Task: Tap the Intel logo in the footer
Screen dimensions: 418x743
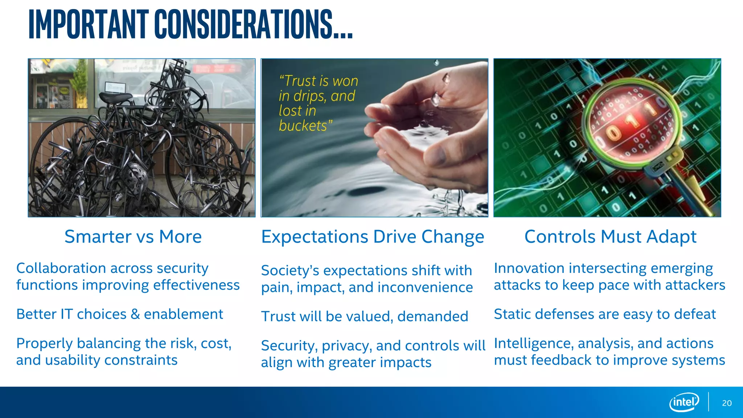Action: tap(684, 402)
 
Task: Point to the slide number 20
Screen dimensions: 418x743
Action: tap(727, 403)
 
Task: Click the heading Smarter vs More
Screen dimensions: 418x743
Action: tap(133, 237)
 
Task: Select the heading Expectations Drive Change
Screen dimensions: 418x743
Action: tap(373, 237)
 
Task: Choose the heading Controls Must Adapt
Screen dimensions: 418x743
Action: tap(610, 237)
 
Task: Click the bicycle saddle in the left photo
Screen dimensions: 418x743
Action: tap(115, 97)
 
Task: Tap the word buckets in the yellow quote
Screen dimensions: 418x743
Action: tap(303, 126)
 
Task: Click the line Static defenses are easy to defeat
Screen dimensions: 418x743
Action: tap(605, 314)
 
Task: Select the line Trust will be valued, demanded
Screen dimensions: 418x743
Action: tap(365, 316)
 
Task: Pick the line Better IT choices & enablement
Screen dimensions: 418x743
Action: tap(120, 314)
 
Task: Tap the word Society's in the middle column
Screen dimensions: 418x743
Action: tap(290, 270)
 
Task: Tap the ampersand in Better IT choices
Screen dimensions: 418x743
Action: tap(135, 314)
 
